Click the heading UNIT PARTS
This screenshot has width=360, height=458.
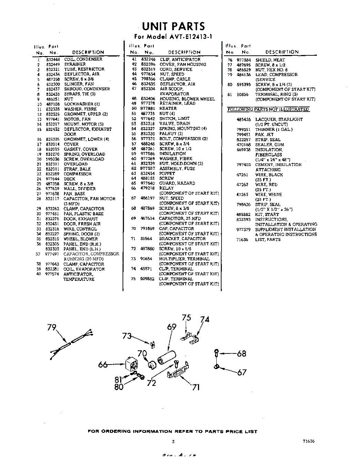pos(173,26)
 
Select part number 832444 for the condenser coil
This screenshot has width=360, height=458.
pos(53,60)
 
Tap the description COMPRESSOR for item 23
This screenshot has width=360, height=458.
pos(77,174)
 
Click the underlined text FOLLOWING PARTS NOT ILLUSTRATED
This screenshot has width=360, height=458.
pos(268,110)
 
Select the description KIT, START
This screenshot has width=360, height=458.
pos(267,214)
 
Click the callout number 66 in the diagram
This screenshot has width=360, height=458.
pos(103,365)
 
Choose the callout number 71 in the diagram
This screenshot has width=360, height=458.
pos(195,388)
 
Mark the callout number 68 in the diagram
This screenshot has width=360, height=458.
pos(241,354)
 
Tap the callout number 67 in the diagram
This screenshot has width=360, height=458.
pos(242,372)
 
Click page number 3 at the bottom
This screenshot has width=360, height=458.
pos(173,442)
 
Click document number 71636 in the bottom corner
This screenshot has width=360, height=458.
pos(309,441)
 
